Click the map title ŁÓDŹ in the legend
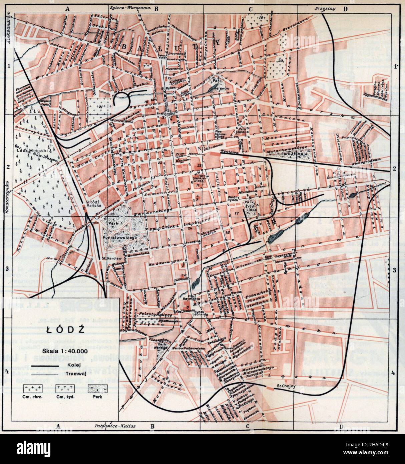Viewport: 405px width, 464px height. [x=64, y=329]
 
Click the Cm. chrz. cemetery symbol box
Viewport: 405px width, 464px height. [x=32, y=388]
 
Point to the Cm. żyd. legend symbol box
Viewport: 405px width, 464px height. [x=64, y=388]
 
